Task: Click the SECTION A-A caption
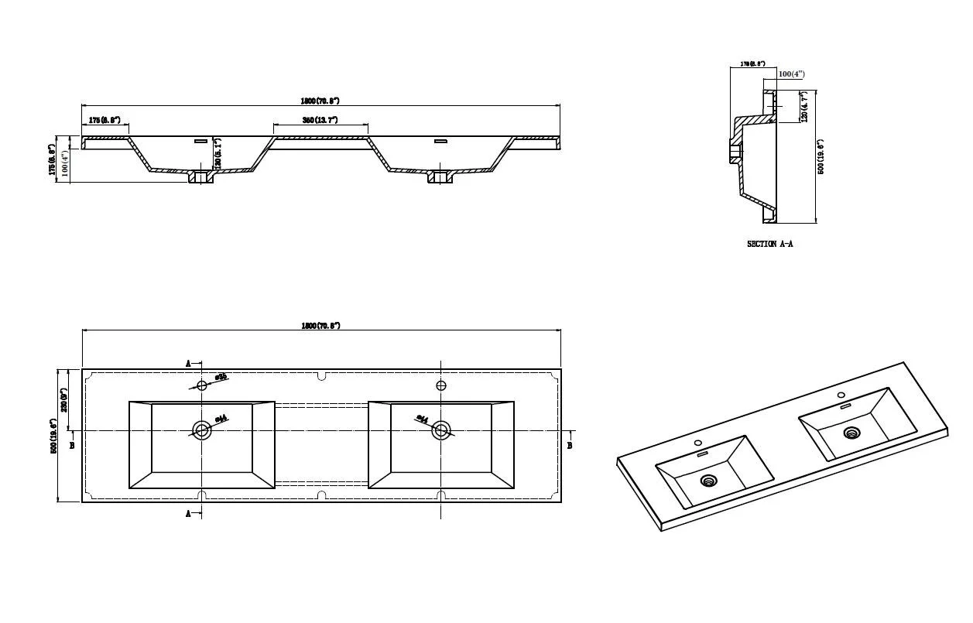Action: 769,244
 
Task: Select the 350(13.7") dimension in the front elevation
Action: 320,120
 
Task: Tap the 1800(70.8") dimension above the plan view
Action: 320,326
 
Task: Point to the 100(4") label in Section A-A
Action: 791,74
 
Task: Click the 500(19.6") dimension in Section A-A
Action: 821,156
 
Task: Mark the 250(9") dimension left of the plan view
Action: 65,399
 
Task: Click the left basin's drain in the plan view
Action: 202,430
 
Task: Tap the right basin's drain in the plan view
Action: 441,430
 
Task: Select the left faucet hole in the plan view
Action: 202,385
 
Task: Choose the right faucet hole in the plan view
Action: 441,385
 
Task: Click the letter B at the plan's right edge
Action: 570,445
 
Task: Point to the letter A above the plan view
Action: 188,363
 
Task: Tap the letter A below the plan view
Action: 188,514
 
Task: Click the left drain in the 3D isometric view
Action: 708,481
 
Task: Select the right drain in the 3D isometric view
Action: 851,433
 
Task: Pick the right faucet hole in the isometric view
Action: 841,396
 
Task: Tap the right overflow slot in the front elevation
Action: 441,141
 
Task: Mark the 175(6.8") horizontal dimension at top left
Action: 104,120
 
